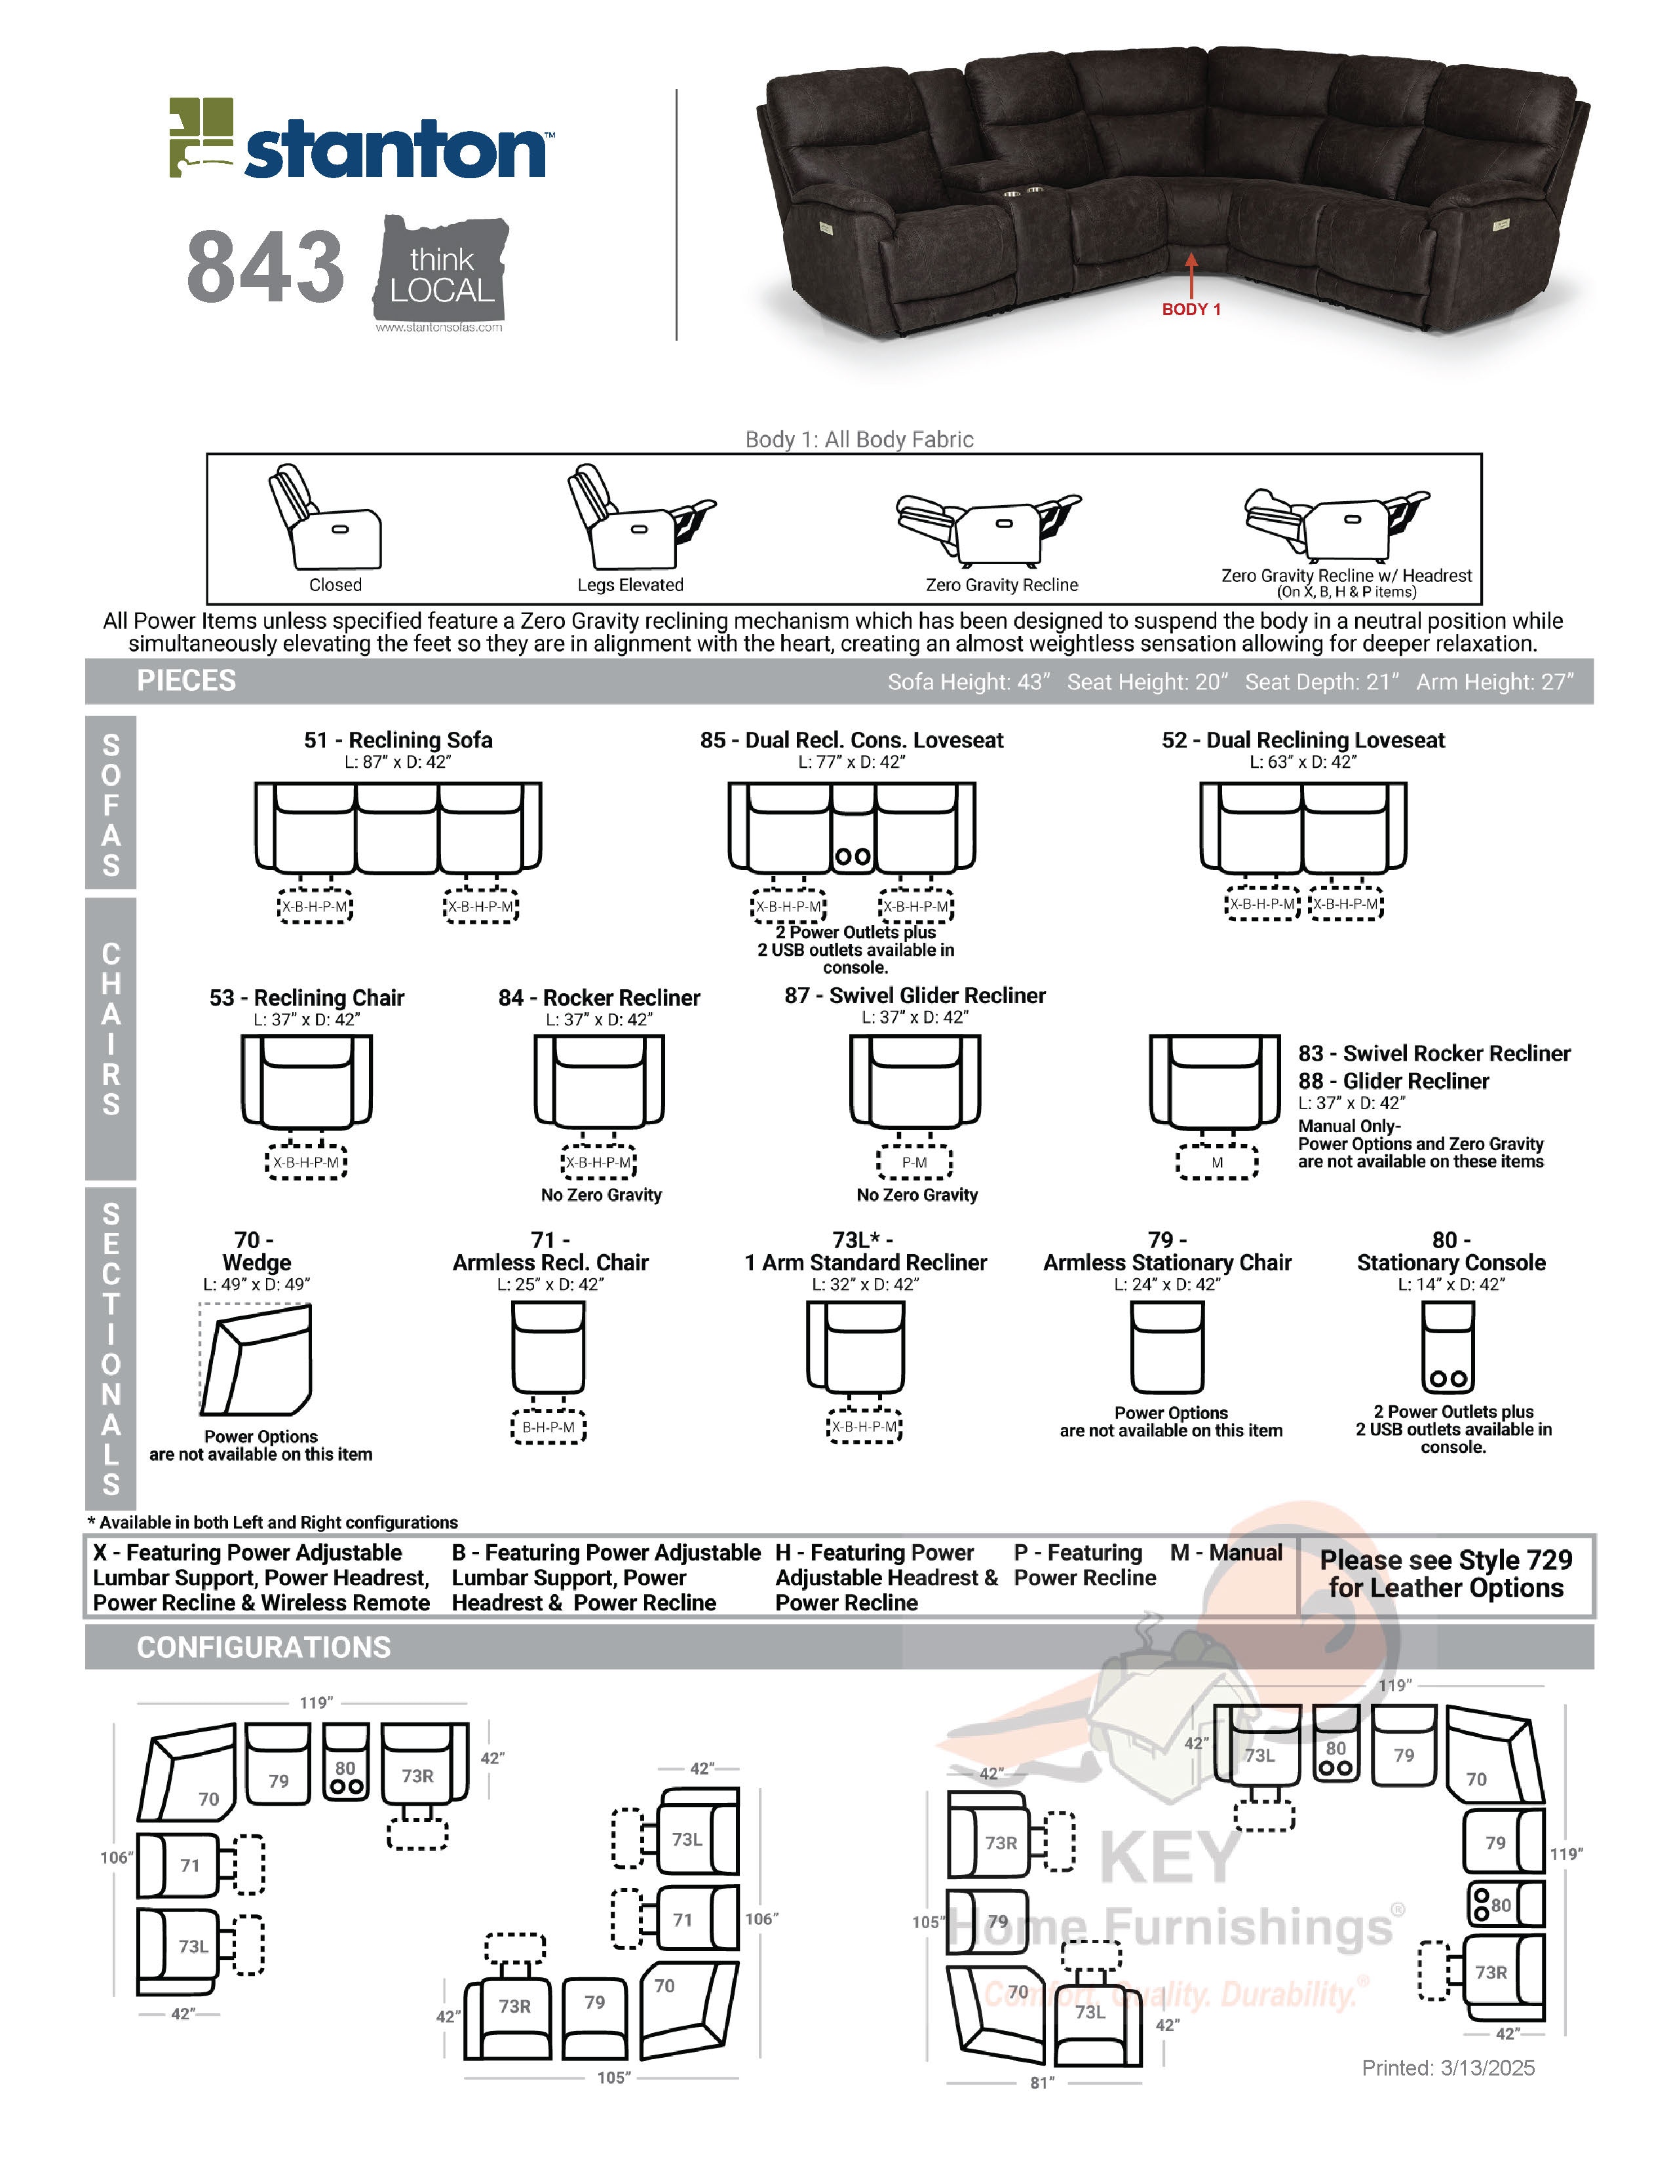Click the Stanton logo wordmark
pyautogui.click(x=394, y=151)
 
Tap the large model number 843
pyautogui.click(x=265, y=267)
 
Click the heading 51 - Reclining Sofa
pyautogui.click(x=398, y=740)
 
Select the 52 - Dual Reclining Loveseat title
pyautogui.click(x=1303, y=740)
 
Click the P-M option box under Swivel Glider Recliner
pyautogui.click(x=915, y=1162)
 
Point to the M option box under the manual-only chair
pyautogui.click(x=1217, y=1162)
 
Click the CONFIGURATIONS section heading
pyautogui.click(x=263, y=1647)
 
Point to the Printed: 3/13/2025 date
pyautogui.click(x=1448, y=2068)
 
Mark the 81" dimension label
pyautogui.click(x=1041, y=2083)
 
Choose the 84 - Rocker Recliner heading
pyautogui.click(x=599, y=998)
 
